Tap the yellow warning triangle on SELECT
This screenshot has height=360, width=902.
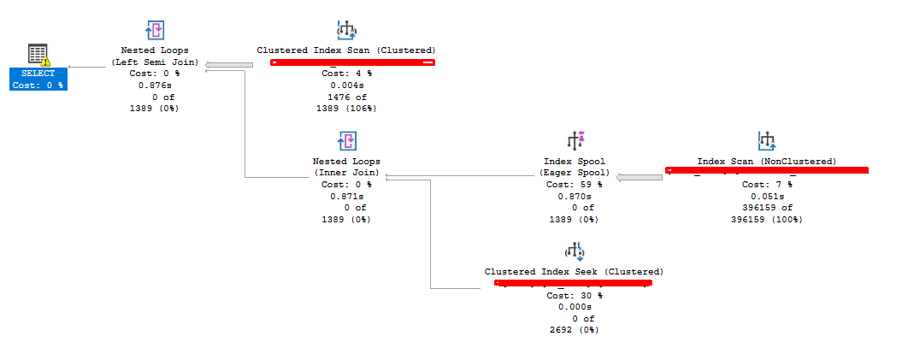pyautogui.click(x=45, y=61)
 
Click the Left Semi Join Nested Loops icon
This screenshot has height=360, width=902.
pyautogui.click(x=155, y=32)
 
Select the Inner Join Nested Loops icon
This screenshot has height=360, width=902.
pyautogui.click(x=346, y=141)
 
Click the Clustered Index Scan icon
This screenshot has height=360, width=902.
pyautogui.click(x=346, y=32)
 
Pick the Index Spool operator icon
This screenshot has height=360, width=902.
pyautogui.click(x=575, y=141)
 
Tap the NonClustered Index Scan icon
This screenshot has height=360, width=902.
pyautogui.click(x=766, y=141)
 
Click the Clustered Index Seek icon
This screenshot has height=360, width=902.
pyautogui.click(x=574, y=251)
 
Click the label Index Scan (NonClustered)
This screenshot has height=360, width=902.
pyautogui.click(x=766, y=162)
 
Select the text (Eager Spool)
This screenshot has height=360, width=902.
pyautogui.click(x=575, y=173)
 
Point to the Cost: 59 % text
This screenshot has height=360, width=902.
pyautogui.click(x=575, y=184)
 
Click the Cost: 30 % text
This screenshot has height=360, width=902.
pyautogui.click(x=574, y=296)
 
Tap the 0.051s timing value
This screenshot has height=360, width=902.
pyautogui.click(x=766, y=196)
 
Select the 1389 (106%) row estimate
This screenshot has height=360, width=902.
pyautogui.click(x=346, y=109)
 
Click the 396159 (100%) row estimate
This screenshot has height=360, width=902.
pyautogui.click(x=766, y=220)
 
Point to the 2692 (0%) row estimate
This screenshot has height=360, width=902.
pyautogui.click(x=574, y=330)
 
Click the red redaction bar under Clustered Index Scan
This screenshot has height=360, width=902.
pyautogui.click(x=353, y=62)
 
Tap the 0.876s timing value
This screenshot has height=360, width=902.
pyautogui.click(x=155, y=86)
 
